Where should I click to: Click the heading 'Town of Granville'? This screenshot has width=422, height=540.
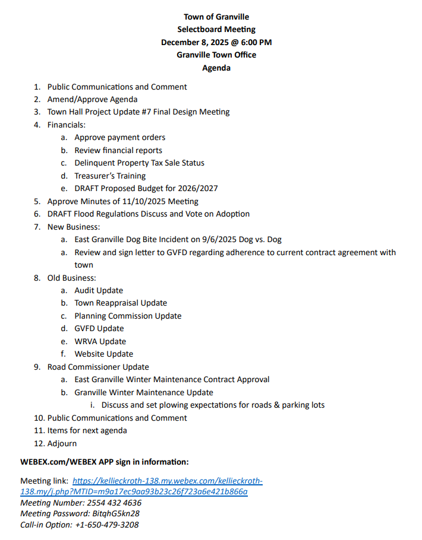pos(216,17)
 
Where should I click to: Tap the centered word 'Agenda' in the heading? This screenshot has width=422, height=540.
pos(216,68)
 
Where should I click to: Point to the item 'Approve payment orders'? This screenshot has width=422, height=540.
pos(120,137)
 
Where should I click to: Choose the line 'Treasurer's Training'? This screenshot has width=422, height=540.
pos(110,176)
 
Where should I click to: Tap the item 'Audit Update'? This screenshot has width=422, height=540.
pos(99,290)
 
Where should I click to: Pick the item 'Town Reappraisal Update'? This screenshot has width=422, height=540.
pos(121,303)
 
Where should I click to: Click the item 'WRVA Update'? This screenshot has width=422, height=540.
pos(100,341)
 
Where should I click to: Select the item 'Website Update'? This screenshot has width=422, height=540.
pos(104,354)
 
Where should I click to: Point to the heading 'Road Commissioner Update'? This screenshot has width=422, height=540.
pos(98,367)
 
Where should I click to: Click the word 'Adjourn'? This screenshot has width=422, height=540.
pos(62,443)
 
